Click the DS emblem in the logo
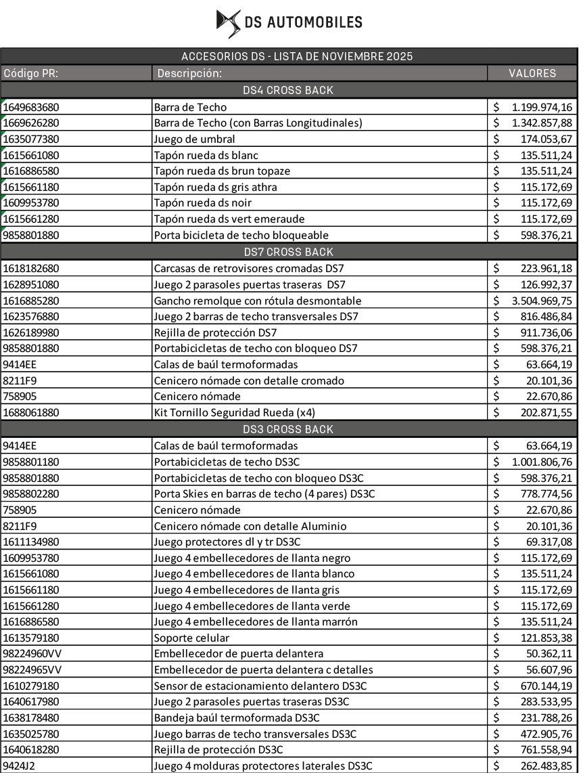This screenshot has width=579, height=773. [228, 22]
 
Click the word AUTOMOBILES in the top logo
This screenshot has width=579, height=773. [315, 22]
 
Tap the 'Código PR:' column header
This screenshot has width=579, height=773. [30, 73]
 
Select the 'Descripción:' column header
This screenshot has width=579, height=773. [189, 73]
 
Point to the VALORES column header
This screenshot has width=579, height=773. [532, 73]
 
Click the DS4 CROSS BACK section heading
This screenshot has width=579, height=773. [288, 90]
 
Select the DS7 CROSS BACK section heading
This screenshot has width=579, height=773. [288, 252]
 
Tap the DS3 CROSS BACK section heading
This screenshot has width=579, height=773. [288, 429]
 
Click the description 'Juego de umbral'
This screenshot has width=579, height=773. [195, 139]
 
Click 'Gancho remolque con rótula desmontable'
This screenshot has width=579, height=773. [258, 301]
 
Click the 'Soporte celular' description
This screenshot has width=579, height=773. [191, 638]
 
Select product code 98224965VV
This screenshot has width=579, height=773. [32, 670]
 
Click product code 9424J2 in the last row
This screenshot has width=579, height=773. [19, 766]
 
